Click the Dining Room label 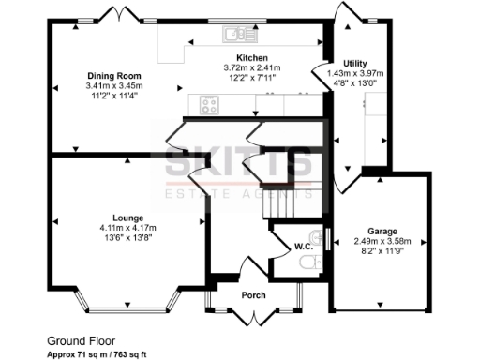pyautogui.click(x=113, y=75)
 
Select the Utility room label pyautogui.click(x=355, y=63)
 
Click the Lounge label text pyautogui.click(x=127, y=217)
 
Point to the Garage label pyautogui.click(x=382, y=231)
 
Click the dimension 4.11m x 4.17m pyautogui.click(x=127, y=227)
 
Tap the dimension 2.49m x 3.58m pyautogui.click(x=382, y=241)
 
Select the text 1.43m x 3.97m pyautogui.click(x=355, y=73)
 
